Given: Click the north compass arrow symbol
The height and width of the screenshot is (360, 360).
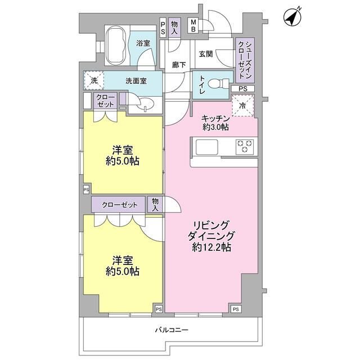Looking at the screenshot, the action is [292, 17].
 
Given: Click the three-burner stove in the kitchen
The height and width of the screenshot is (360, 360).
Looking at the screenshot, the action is [245, 147].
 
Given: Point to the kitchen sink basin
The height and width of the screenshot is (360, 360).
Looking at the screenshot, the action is [206, 147].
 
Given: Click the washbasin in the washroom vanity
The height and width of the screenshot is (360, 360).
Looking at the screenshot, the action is [146, 102].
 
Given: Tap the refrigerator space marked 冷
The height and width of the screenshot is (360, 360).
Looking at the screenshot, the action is [243, 105].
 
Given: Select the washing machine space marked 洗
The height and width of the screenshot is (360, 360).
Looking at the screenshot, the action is [94, 80].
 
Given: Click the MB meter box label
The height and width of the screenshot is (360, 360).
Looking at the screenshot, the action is [193, 25].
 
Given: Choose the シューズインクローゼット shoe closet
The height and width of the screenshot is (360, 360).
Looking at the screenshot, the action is [245, 60].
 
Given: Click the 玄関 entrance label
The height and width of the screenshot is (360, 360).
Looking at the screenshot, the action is [206, 54].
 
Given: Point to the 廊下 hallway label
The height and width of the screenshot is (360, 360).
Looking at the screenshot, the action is [179, 65].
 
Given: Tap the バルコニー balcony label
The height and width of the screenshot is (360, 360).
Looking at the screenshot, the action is [172, 330].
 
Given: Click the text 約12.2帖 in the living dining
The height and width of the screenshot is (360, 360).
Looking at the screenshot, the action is [211, 247].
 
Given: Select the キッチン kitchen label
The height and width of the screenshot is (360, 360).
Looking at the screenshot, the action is [215, 119].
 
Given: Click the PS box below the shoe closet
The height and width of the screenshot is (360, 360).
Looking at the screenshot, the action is [243, 88].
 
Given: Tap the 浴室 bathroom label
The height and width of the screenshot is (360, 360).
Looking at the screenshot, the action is [143, 43].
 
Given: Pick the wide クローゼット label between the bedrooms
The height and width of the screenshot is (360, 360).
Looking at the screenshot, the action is [119, 205].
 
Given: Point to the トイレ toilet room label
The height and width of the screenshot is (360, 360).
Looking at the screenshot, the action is [202, 84].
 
